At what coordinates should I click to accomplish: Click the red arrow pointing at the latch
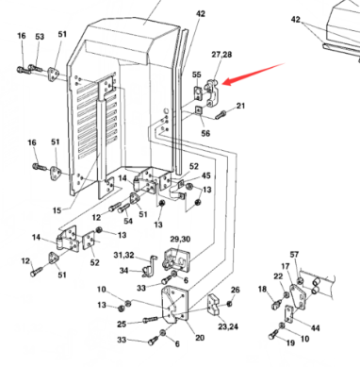click(x=254, y=74)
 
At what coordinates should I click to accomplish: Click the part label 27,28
click(x=221, y=55)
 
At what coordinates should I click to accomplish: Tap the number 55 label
click(x=196, y=75)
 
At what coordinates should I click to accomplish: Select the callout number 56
click(x=205, y=133)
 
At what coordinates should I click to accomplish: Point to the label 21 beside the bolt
click(x=240, y=106)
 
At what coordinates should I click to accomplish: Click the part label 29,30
click(x=180, y=240)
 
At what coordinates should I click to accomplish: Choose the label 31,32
click(x=123, y=255)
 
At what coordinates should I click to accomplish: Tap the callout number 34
click(x=123, y=270)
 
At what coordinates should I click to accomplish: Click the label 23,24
click(x=228, y=326)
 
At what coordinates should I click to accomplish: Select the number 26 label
click(x=236, y=290)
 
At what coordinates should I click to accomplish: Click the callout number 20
click(x=200, y=338)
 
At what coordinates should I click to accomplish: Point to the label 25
click(x=122, y=324)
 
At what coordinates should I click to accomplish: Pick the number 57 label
click(x=294, y=255)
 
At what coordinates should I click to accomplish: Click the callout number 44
click(x=316, y=328)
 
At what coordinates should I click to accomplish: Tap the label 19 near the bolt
click(x=290, y=342)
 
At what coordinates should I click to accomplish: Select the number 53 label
click(x=40, y=37)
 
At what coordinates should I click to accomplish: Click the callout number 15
click(x=57, y=210)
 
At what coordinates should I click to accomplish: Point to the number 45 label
click(x=206, y=175)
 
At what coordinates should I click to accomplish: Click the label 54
click(x=128, y=221)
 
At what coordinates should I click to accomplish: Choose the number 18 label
click(x=263, y=289)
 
